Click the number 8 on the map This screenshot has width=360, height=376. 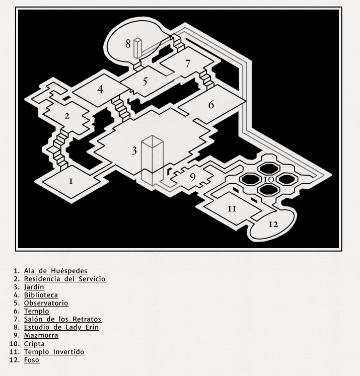click(128, 44)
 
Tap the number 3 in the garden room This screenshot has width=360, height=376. click(134, 151)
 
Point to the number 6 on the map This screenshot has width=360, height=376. click(211, 105)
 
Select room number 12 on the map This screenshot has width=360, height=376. click(273, 224)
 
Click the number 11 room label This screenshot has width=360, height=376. click(232, 208)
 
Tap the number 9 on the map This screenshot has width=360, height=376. click(192, 177)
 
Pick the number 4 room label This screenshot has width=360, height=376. click(101, 90)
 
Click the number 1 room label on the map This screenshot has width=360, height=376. click(71, 181)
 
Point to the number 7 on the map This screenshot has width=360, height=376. click(188, 64)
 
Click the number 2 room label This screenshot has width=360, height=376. click(67, 116)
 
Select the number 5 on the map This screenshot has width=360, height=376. click(145, 82)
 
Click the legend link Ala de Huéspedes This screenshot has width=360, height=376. click(55, 271)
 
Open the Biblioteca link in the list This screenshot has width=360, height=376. click(41, 295)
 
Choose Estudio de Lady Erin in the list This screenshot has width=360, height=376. click(61, 327)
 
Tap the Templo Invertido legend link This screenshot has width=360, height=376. click(54, 352)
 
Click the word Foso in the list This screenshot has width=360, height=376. click(32, 360)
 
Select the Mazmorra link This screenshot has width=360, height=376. click(41, 335)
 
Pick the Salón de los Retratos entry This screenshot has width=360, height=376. click(62, 319)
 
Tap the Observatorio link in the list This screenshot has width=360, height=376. click(46, 303)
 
